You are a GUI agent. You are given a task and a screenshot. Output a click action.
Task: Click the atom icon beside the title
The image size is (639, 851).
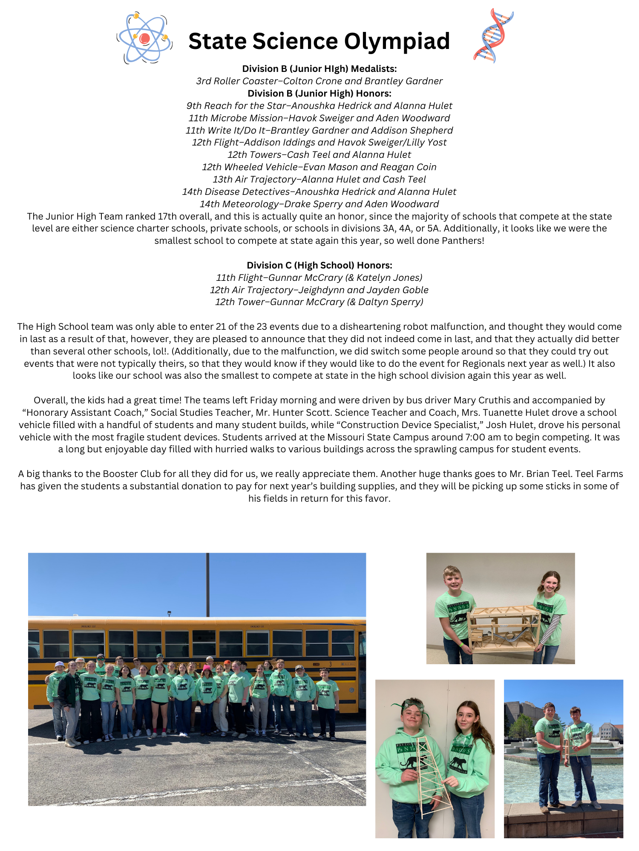click(144, 39)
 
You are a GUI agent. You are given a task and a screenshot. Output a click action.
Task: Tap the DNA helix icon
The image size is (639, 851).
click(493, 36)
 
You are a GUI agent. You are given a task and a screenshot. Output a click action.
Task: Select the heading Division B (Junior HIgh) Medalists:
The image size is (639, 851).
click(319, 69)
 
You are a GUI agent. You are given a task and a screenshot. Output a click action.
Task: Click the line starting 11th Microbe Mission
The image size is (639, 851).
click(319, 118)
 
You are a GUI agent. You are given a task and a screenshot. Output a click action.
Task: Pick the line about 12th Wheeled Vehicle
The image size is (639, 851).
click(319, 167)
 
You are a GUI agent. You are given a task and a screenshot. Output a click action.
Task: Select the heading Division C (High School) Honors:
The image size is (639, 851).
click(319, 265)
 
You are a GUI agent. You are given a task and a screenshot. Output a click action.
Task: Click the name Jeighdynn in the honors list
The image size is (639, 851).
click(321, 290)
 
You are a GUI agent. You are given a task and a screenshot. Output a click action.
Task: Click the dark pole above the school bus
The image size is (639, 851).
click(207, 583)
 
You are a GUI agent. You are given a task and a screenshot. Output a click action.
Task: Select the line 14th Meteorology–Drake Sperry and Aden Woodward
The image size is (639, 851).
click(319, 204)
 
